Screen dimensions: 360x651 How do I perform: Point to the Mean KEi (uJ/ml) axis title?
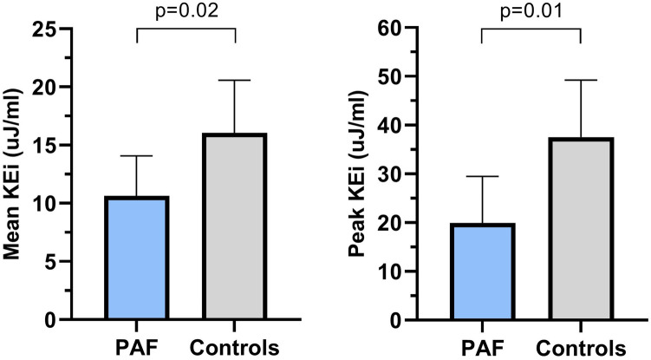(15, 173)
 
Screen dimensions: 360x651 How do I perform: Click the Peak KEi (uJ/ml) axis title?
(357, 173)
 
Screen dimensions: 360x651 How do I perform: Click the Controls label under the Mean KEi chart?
(236, 347)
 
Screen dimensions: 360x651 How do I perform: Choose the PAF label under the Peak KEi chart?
(482, 347)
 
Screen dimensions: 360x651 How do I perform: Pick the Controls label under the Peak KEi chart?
(581, 347)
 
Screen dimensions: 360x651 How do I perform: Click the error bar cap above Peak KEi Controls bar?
(581, 80)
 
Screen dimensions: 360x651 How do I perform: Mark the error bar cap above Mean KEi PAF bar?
(137, 156)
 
